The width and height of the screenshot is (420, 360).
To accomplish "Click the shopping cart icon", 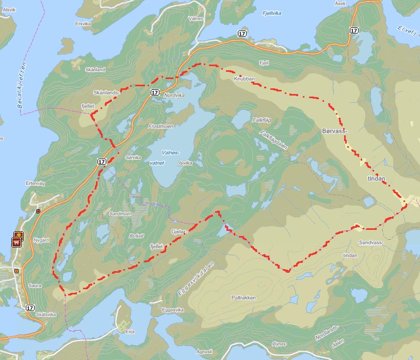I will [17, 241].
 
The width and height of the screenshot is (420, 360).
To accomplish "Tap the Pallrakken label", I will [244, 298].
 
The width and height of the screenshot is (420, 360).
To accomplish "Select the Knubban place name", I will [244, 79].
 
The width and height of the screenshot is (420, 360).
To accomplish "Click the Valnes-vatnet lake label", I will [170, 158].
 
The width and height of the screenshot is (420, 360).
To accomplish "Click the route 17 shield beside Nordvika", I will [155, 92].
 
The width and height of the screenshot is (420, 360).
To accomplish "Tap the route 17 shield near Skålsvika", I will [29, 307].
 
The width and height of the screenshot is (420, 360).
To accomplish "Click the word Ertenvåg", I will [36, 183].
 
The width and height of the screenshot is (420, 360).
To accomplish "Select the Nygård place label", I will [41, 240].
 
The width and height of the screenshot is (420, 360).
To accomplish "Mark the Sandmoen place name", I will [120, 213].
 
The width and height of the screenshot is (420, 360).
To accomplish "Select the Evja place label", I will [130, 331].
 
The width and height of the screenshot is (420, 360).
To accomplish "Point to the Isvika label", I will [185, 163].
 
